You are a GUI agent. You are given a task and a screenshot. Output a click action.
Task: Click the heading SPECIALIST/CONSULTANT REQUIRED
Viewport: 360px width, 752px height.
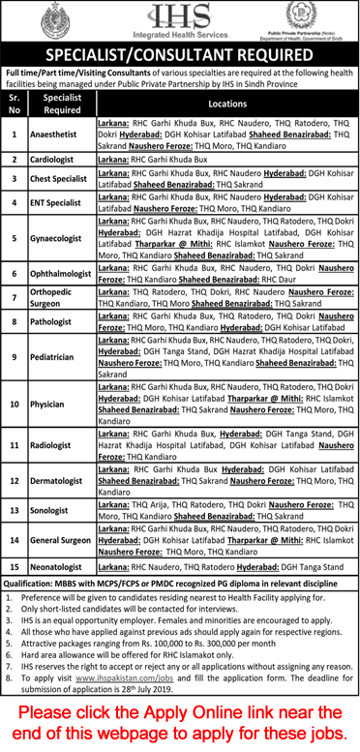coord(179,54)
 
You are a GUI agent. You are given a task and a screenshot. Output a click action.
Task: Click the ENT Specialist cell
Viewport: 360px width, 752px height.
coord(62,202)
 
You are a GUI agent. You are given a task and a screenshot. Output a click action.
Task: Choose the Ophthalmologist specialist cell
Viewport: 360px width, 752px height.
coord(62,274)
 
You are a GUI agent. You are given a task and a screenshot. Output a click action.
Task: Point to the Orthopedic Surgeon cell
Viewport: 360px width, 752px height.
coord(62,299)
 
